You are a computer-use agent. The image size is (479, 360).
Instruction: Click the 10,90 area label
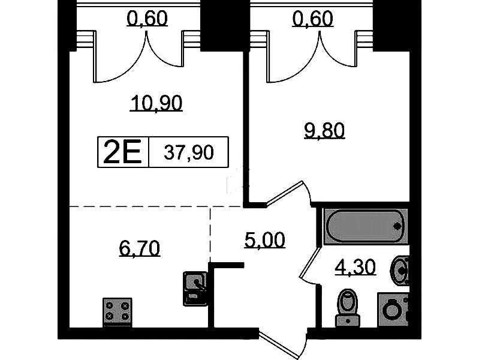pyautogui.click(x=156, y=103)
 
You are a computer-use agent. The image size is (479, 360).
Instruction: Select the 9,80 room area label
pyautogui.click(x=324, y=130)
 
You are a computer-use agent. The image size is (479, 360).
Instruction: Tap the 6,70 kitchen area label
pyautogui.click(x=139, y=248)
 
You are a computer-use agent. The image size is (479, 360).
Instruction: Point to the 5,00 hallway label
pyautogui.click(x=265, y=240)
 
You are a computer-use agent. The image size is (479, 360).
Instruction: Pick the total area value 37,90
pyautogui.click(x=189, y=152)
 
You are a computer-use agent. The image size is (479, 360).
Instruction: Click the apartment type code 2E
pyautogui.click(x=122, y=152)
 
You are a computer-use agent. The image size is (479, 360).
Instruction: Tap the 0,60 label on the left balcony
pyautogui.click(x=147, y=18)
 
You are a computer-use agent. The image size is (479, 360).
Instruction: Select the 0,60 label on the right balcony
pyautogui.click(x=312, y=18)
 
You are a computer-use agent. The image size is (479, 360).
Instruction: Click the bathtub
pyautogui.click(x=365, y=226)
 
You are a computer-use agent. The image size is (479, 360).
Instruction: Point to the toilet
pyautogui.click(x=347, y=307)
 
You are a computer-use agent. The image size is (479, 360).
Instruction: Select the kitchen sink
pyautogui.click(x=195, y=289)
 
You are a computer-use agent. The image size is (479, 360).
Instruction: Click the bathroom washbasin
pyautogui.click(x=400, y=271)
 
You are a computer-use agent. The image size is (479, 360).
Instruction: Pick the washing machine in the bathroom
pyautogui.click(x=393, y=309)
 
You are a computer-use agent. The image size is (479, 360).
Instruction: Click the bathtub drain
pyautogui.click(x=397, y=226)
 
